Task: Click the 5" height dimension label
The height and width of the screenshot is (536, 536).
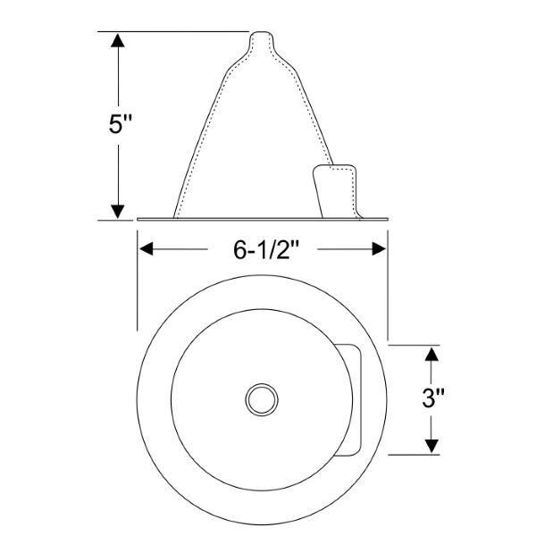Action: tap(120, 124)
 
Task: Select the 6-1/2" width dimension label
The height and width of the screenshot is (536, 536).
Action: tap(263, 249)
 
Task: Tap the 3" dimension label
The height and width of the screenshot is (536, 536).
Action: tap(432, 398)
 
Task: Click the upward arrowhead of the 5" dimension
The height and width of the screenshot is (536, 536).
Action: tap(118, 40)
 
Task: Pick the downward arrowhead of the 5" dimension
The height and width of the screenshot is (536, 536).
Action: tap(118, 212)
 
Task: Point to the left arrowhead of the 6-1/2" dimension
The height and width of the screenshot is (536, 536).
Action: tap(147, 249)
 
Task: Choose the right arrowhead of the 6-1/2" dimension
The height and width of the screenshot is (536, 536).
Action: tap(379, 249)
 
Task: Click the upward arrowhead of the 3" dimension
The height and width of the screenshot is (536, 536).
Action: tap(431, 354)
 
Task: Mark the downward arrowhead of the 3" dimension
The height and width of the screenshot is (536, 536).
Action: tap(431, 446)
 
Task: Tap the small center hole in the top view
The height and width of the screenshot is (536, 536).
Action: tap(262, 399)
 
